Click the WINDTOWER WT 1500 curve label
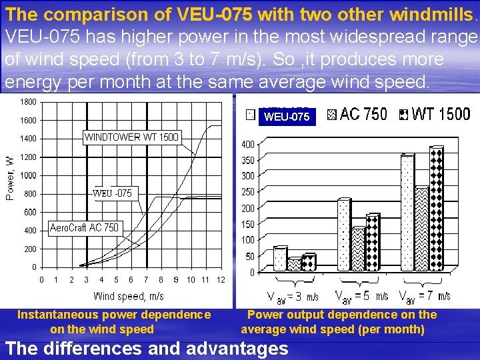click(x=131, y=137)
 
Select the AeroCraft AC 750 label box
click(x=85, y=227)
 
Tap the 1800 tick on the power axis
click(x=28, y=102)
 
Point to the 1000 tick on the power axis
click(x=28, y=175)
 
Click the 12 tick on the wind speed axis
click(x=221, y=279)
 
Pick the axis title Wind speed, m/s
click(x=129, y=295)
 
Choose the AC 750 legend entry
click(x=357, y=114)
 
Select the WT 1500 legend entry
click(x=434, y=114)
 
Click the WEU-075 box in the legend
click(x=287, y=117)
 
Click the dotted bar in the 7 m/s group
click(x=407, y=213)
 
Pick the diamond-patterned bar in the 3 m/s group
click(x=309, y=263)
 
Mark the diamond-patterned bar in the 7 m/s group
click(x=437, y=209)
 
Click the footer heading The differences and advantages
click(x=147, y=348)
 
